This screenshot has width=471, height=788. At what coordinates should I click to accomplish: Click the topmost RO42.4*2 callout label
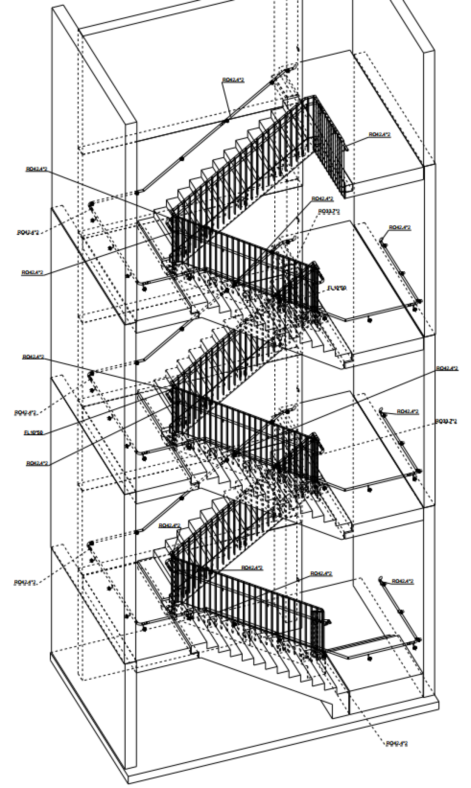(x=233, y=80)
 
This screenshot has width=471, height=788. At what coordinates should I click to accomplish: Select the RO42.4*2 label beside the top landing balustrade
(x=380, y=134)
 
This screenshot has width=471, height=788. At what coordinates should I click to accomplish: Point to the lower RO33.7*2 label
(x=446, y=421)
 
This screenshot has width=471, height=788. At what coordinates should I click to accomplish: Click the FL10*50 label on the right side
(x=337, y=288)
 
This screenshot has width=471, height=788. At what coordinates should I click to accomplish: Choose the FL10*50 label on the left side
(x=34, y=432)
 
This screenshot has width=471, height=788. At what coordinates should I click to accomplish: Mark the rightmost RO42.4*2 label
(x=447, y=368)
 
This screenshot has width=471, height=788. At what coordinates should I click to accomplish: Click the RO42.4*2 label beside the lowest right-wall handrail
(x=403, y=581)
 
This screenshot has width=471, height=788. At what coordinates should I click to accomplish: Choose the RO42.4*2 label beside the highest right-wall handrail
(x=400, y=227)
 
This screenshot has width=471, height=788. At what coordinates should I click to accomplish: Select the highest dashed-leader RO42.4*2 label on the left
(x=28, y=232)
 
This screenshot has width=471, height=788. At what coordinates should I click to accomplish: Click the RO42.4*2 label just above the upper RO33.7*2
(x=322, y=199)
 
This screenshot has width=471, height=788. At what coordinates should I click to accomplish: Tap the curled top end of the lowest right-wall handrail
(x=381, y=579)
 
